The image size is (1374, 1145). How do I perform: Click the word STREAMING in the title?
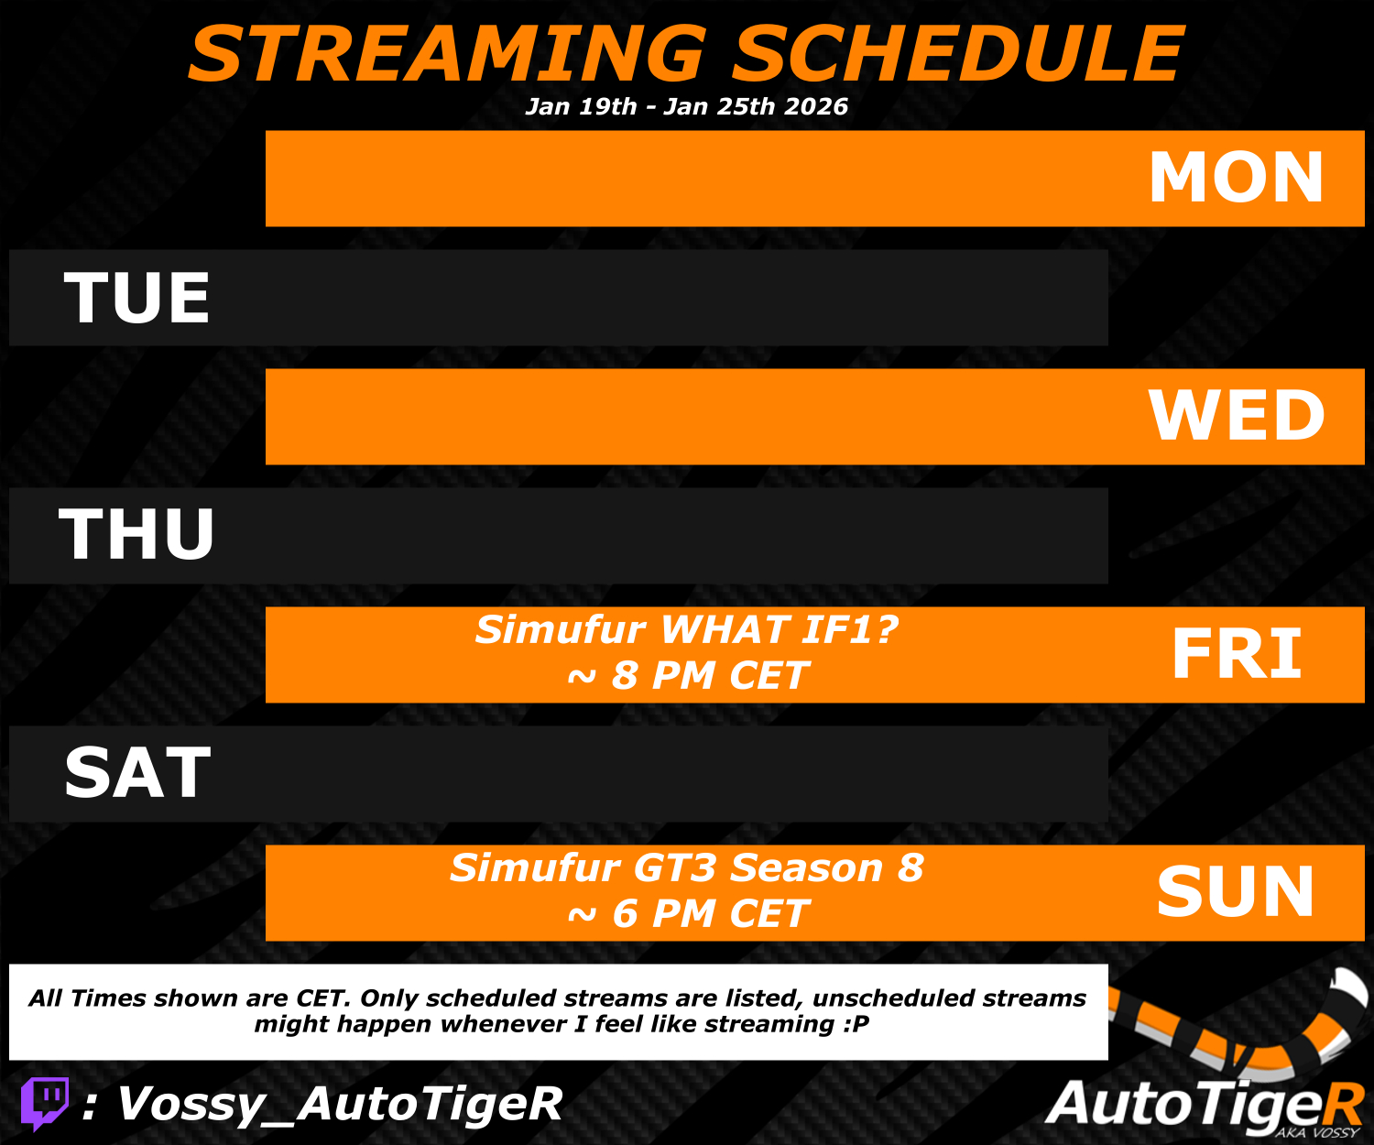(448, 54)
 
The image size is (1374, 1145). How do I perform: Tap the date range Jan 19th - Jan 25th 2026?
(686, 106)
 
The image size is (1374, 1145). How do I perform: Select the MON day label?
(1237, 177)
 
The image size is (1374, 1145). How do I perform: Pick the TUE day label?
(136, 298)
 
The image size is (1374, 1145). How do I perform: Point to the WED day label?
(1237, 416)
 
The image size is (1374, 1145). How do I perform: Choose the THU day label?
(136, 536)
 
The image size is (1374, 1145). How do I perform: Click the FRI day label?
(1237, 654)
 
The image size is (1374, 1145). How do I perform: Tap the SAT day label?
(137, 773)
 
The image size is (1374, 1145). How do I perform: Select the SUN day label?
(1236, 892)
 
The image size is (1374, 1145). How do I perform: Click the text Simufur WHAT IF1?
(686, 630)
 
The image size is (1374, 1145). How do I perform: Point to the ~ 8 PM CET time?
(688, 675)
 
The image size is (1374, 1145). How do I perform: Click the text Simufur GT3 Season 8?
(687, 867)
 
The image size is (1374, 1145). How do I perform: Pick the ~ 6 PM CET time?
(688, 913)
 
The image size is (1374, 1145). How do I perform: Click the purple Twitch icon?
(45, 1104)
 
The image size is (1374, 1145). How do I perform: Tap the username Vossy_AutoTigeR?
(340, 1104)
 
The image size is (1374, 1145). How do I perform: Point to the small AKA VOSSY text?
(1317, 1132)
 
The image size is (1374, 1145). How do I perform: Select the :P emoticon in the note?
(856, 1024)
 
